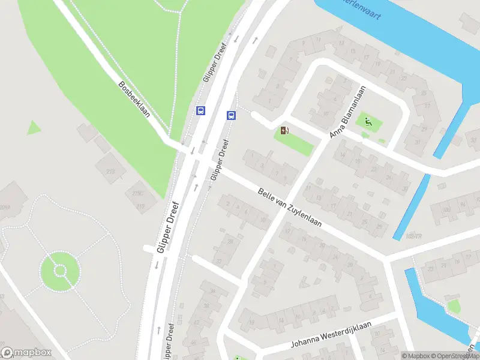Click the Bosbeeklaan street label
click(x=134, y=100)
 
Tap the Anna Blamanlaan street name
click(x=349, y=112)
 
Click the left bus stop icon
click(x=200, y=110)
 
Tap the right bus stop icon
click(x=230, y=115)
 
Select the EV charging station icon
click(x=284, y=130)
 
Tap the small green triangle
click(x=34, y=128)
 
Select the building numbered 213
click(x=110, y=172)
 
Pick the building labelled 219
click(x=140, y=206)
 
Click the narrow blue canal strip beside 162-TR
click(x=413, y=207)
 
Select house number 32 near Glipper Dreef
click(x=218, y=260)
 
